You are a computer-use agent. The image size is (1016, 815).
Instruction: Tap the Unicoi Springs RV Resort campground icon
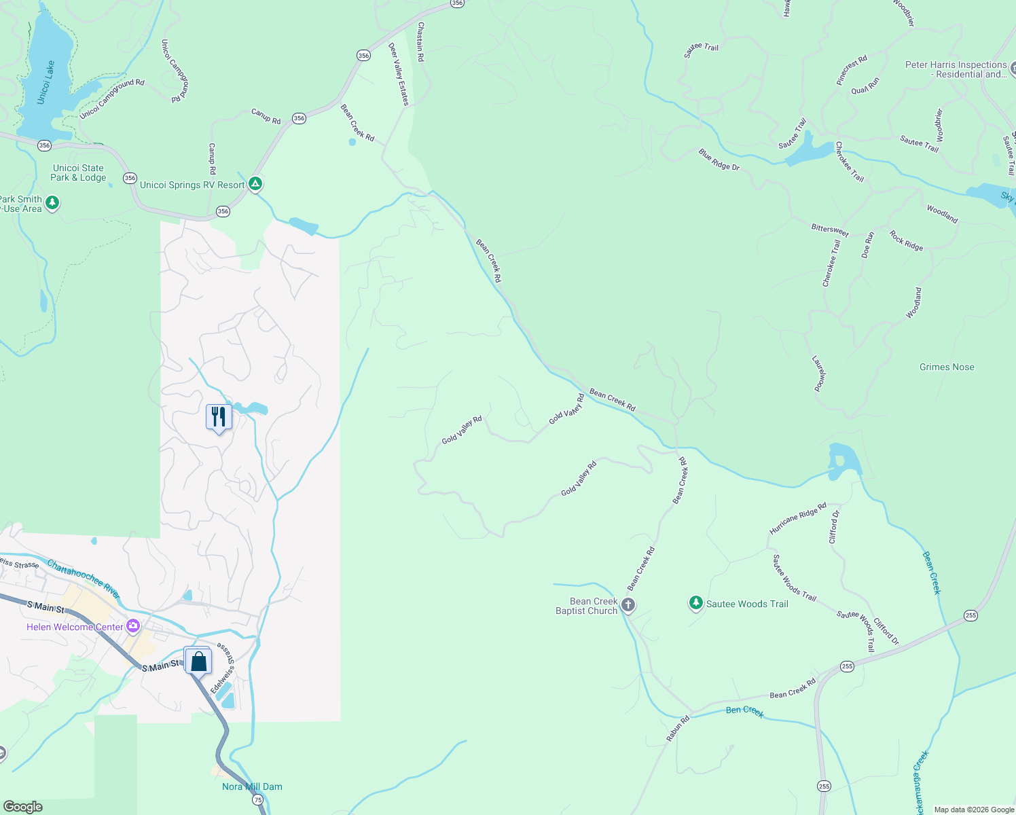(255, 183)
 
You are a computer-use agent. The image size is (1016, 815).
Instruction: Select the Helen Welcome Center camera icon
(133, 626)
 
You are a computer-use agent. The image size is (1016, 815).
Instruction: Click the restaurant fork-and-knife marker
(219, 416)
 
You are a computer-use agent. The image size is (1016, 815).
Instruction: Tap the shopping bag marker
(198, 661)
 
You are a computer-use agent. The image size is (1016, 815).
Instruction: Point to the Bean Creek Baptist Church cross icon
(628, 604)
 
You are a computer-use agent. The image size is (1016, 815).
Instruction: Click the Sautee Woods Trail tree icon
(695, 602)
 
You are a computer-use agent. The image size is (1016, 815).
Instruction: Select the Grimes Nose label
(947, 367)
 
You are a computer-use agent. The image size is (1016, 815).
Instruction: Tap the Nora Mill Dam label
(252, 786)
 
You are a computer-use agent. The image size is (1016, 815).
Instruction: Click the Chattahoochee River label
(84, 578)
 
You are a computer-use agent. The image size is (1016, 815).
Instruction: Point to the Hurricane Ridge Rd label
(798, 518)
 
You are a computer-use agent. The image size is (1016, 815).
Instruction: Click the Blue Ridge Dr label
(719, 160)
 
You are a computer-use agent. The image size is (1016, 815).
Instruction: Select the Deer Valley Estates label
(399, 74)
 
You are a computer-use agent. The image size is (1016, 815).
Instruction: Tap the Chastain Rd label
(421, 41)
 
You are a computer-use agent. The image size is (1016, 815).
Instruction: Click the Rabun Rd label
(678, 728)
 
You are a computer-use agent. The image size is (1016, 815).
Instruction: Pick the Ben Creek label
(745, 710)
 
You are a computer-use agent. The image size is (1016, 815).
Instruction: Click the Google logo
(23, 807)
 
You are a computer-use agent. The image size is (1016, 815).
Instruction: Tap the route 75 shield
(258, 800)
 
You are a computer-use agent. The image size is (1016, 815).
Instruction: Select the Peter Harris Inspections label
(956, 69)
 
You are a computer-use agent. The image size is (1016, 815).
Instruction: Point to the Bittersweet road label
(830, 230)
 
